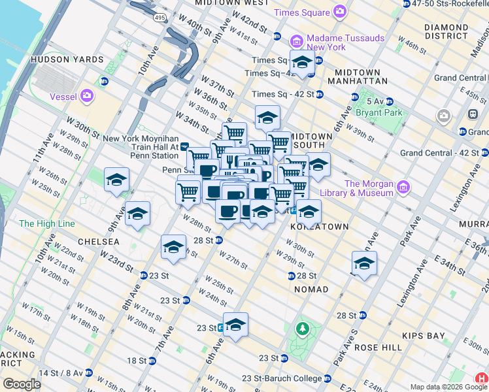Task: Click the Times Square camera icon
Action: (x=339, y=12)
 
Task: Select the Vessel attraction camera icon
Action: (x=87, y=97)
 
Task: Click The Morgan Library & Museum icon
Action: (x=403, y=188)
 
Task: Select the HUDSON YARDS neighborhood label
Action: (x=76, y=59)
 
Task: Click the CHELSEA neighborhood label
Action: (x=98, y=242)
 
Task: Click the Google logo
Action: (x=22, y=384)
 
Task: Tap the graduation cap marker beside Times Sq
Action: (x=301, y=63)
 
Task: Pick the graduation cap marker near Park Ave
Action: (x=364, y=264)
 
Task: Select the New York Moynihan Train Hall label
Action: (x=141, y=147)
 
